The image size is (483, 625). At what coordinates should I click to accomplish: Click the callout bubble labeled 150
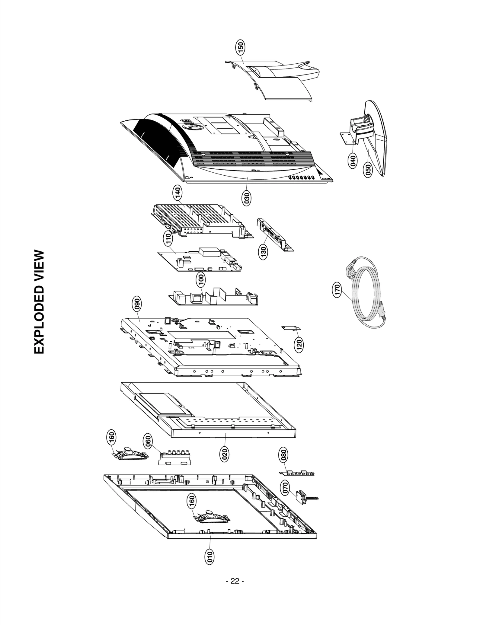point(241,48)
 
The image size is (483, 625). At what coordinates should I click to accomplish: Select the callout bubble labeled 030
point(247,198)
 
